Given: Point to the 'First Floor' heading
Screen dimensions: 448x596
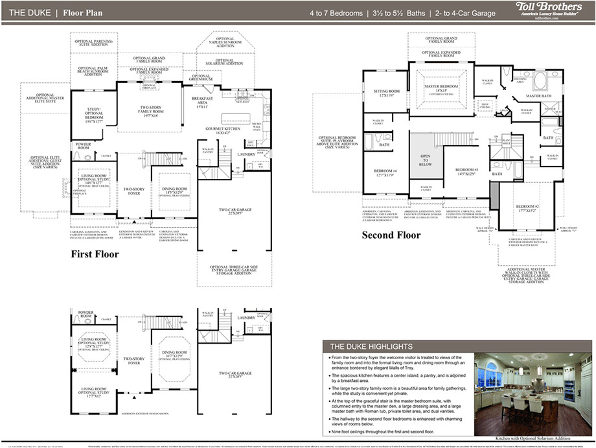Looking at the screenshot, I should tap(95, 254).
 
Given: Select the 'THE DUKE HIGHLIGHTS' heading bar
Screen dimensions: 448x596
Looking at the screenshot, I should tap(371, 346).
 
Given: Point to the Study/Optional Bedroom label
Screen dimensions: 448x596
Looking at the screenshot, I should tap(95, 116).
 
